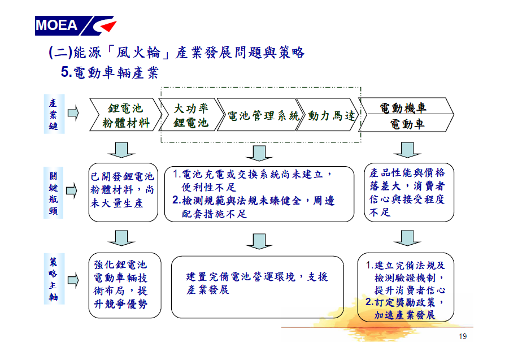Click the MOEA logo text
coord(56,25)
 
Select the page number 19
coord(463,336)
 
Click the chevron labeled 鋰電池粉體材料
coord(125,115)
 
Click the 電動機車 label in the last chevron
coord(403,108)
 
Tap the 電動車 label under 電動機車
coord(407,124)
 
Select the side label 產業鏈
coord(54,114)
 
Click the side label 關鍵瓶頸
coord(54,193)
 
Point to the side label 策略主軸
coord(54,279)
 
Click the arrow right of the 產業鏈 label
coord(73,113)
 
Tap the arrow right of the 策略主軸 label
coord(73,280)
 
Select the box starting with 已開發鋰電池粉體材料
coord(123,193)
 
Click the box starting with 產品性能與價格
coord(409,193)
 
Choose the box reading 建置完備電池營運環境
coord(258,287)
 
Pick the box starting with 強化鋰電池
coord(125,285)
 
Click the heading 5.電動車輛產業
coord(110,72)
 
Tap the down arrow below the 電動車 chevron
coord(407,150)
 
